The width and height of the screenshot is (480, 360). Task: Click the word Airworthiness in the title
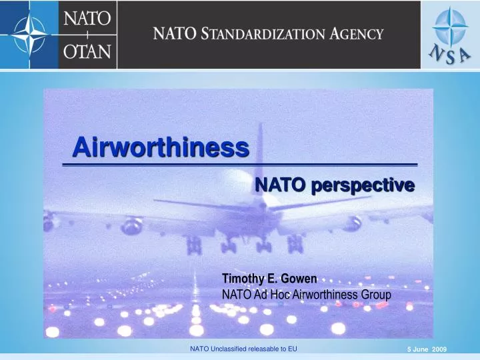pos(161,146)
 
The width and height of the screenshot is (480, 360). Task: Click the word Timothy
pos(244,280)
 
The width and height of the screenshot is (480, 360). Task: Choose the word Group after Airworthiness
pos(375,293)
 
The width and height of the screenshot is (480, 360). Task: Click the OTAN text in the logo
pos(87,49)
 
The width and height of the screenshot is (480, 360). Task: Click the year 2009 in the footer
pos(439,350)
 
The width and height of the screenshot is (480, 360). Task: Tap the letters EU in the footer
pos(292,349)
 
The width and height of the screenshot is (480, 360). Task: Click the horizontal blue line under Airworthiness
pos(239,163)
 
